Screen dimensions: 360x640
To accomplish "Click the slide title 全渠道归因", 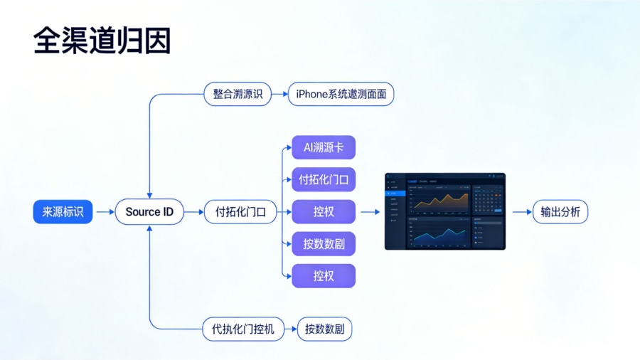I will pos(102,41).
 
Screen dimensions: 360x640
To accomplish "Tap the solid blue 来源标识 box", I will pos(63,212).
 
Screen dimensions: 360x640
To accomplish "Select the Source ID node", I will pos(149,212).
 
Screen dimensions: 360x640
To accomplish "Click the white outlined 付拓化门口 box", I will pos(240,212).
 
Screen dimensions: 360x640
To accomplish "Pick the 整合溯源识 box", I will pos(238,94).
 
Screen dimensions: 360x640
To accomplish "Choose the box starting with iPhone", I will pos(341,94).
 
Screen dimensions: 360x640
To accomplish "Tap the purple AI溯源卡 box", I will pos(324,147).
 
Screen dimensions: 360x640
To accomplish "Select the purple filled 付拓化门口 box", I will pos(324,179).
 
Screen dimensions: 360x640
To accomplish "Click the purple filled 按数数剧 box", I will pos(324,244).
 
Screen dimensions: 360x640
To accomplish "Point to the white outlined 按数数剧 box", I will pos(324,329).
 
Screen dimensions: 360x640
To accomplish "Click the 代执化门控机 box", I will pos(243,329).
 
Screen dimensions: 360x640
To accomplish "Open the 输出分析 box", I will pos(560,212).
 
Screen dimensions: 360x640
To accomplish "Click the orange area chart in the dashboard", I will pos(441,202).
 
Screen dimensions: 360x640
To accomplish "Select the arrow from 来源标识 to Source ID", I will pos(104,212).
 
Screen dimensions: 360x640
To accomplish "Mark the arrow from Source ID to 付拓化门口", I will pos(193,212).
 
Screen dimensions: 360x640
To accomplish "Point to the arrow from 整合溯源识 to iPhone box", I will pos(279,94).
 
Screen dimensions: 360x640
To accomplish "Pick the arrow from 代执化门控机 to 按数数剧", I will pos(290,329).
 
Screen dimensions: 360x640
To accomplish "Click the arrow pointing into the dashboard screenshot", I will pos(370,212).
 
